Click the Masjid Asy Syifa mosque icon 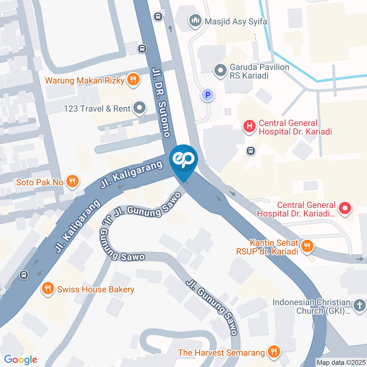click(x=195, y=21)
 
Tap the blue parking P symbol click(x=208, y=94)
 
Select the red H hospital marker click(x=250, y=127)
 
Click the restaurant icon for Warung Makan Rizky click(x=133, y=80)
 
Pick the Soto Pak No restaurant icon click(x=72, y=182)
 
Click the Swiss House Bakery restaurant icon click(x=47, y=289)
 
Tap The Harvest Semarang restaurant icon click(x=273, y=352)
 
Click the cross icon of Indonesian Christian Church click(x=359, y=305)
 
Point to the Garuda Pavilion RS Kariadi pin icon click(x=220, y=71)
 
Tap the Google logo click(x=21, y=359)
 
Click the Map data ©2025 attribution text click(x=341, y=362)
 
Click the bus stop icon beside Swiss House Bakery click(x=24, y=274)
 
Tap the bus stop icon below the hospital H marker click(x=251, y=151)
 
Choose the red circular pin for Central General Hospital click(x=345, y=209)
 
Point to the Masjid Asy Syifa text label click(x=235, y=21)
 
